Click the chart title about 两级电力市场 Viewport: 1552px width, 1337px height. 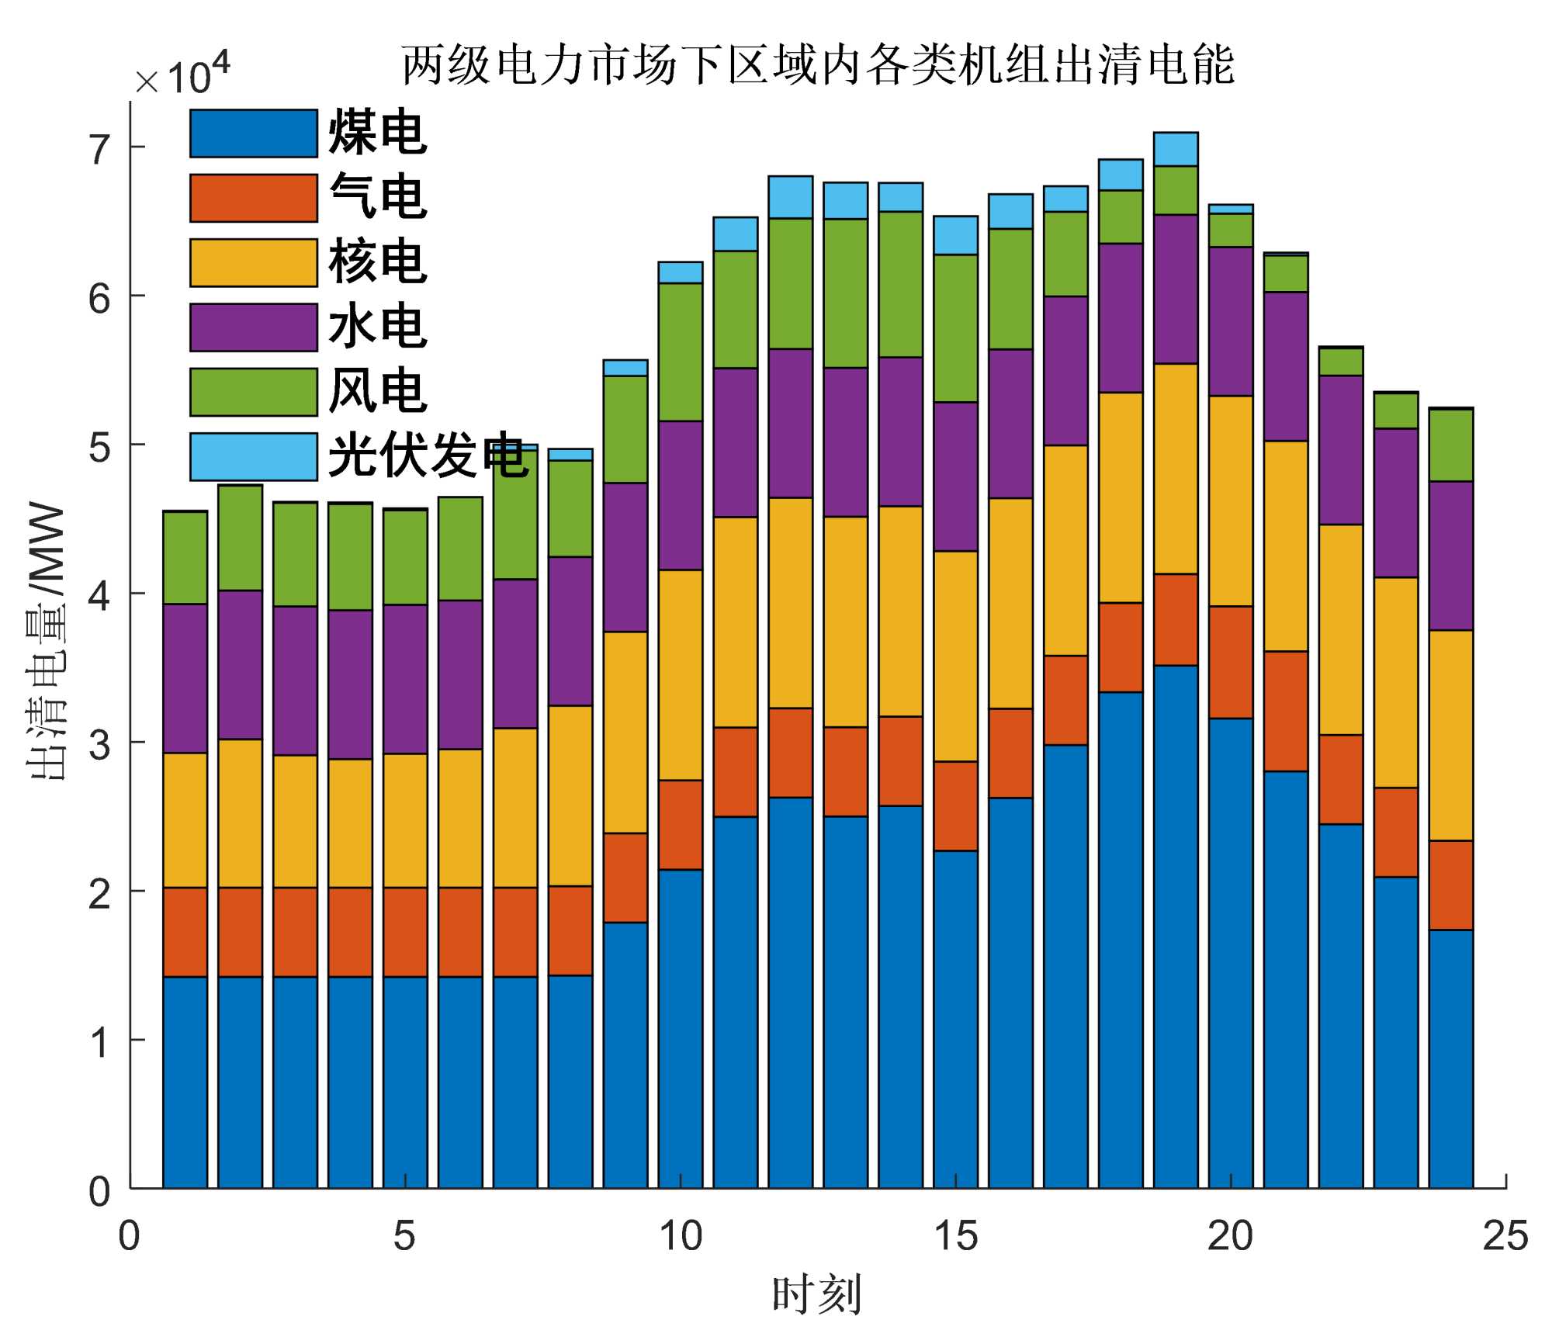click(817, 65)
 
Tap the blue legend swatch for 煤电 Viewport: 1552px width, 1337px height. click(253, 133)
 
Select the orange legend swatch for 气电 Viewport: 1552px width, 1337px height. click(253, 198)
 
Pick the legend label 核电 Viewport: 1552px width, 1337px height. click(377, 262)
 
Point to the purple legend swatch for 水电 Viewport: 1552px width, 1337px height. click(253, 327)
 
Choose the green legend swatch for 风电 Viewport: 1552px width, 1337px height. click(253, 392)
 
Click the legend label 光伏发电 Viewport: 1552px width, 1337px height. click(428, 456)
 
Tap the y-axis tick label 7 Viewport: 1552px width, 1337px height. click(100, 149)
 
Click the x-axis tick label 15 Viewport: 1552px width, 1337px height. click(955, 1237)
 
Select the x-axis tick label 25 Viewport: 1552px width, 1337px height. click(1505, 1237)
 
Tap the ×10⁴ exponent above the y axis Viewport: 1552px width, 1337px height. click(183, 76)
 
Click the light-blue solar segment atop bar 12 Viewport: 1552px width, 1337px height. click(791, 197)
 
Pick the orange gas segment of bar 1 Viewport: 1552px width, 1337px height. click(185, 932)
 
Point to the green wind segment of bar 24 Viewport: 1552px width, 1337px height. click(1451, 445)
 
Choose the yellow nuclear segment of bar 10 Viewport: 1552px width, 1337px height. click(681, 675)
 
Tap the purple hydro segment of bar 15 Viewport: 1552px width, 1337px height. click(955, 476)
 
